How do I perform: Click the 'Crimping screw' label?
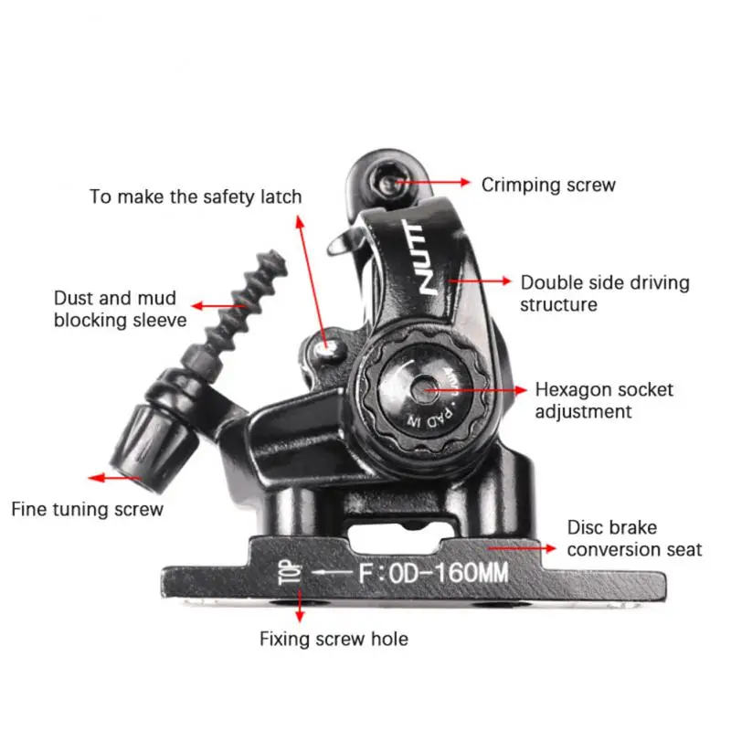pyautogui.click(x=548, y=185)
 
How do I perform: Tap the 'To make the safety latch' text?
pyautogui.click(x=195, y=196)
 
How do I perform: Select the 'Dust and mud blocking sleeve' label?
pyautogui.click(x=120, y=309)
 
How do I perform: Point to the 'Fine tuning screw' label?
pyautogui.click(x=87, y=509)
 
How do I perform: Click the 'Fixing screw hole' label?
pyautogui.click(x=334, y=639)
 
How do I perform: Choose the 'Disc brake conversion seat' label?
pyautogui.click(x=634, y=538)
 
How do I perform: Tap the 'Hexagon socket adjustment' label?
pyautogui.click(x=603, y=400)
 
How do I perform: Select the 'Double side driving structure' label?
pyautogui.click(x=604, y=293)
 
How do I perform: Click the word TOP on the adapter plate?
pyautogui.click(x=284, y=572)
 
